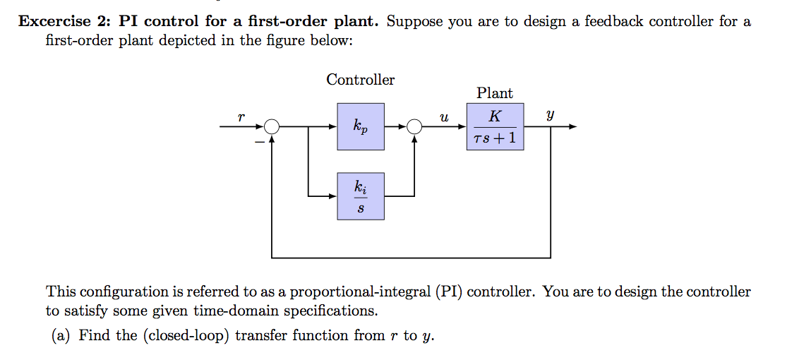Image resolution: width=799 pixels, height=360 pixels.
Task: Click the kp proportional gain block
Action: (361, 127)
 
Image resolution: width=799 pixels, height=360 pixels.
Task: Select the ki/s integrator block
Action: (361, 196)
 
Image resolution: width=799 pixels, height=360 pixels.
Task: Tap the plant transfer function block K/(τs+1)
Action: (495, 127)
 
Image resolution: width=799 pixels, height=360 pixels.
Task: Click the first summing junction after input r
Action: (272, 127)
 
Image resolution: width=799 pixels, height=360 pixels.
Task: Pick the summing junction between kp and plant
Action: (414, 127)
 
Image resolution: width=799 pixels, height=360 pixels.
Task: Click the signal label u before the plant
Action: (443, 119)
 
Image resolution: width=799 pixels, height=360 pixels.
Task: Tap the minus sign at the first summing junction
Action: (259, 142)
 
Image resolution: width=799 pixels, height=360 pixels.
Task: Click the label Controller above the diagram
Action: (360, 80)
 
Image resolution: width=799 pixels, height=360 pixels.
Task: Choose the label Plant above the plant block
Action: (495, 93)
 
